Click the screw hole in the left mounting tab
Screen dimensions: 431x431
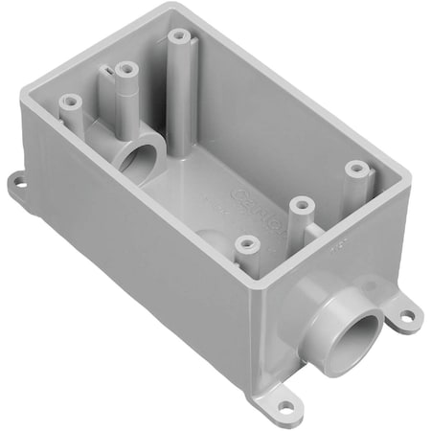click(19, 178)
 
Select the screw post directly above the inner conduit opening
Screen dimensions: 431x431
click(125, 69)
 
